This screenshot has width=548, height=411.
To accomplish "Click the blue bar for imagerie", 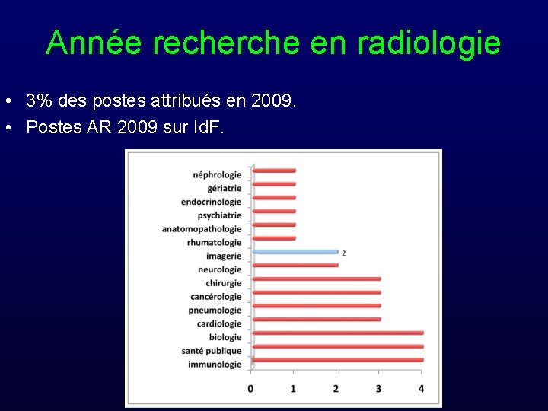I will (x=295, y=252).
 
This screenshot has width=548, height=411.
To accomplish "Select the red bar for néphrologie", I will (x=273, y=170).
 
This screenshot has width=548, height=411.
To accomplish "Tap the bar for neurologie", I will (x=295, y=266).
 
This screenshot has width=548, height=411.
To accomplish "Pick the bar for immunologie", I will (x=337, y=360).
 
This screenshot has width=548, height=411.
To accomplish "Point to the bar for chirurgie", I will (x=316, y=279).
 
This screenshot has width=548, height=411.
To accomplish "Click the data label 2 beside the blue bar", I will (x=344, y=253).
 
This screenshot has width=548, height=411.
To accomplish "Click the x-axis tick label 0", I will (x=251, y=389).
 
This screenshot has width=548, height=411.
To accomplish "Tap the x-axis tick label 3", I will (x=379, y=389).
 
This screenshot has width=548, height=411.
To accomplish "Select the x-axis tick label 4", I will (x=421, y=389).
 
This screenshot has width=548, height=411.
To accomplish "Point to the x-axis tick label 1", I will (x=294, y=389).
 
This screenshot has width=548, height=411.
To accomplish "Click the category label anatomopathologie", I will (x=202, y=229).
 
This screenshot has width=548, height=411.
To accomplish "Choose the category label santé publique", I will (x=212, y=351).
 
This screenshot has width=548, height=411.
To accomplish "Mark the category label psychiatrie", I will (x=219, y=215).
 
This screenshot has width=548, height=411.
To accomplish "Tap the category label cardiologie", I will (x=219, y=324).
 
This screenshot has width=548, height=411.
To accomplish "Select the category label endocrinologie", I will (x=211, y=202).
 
